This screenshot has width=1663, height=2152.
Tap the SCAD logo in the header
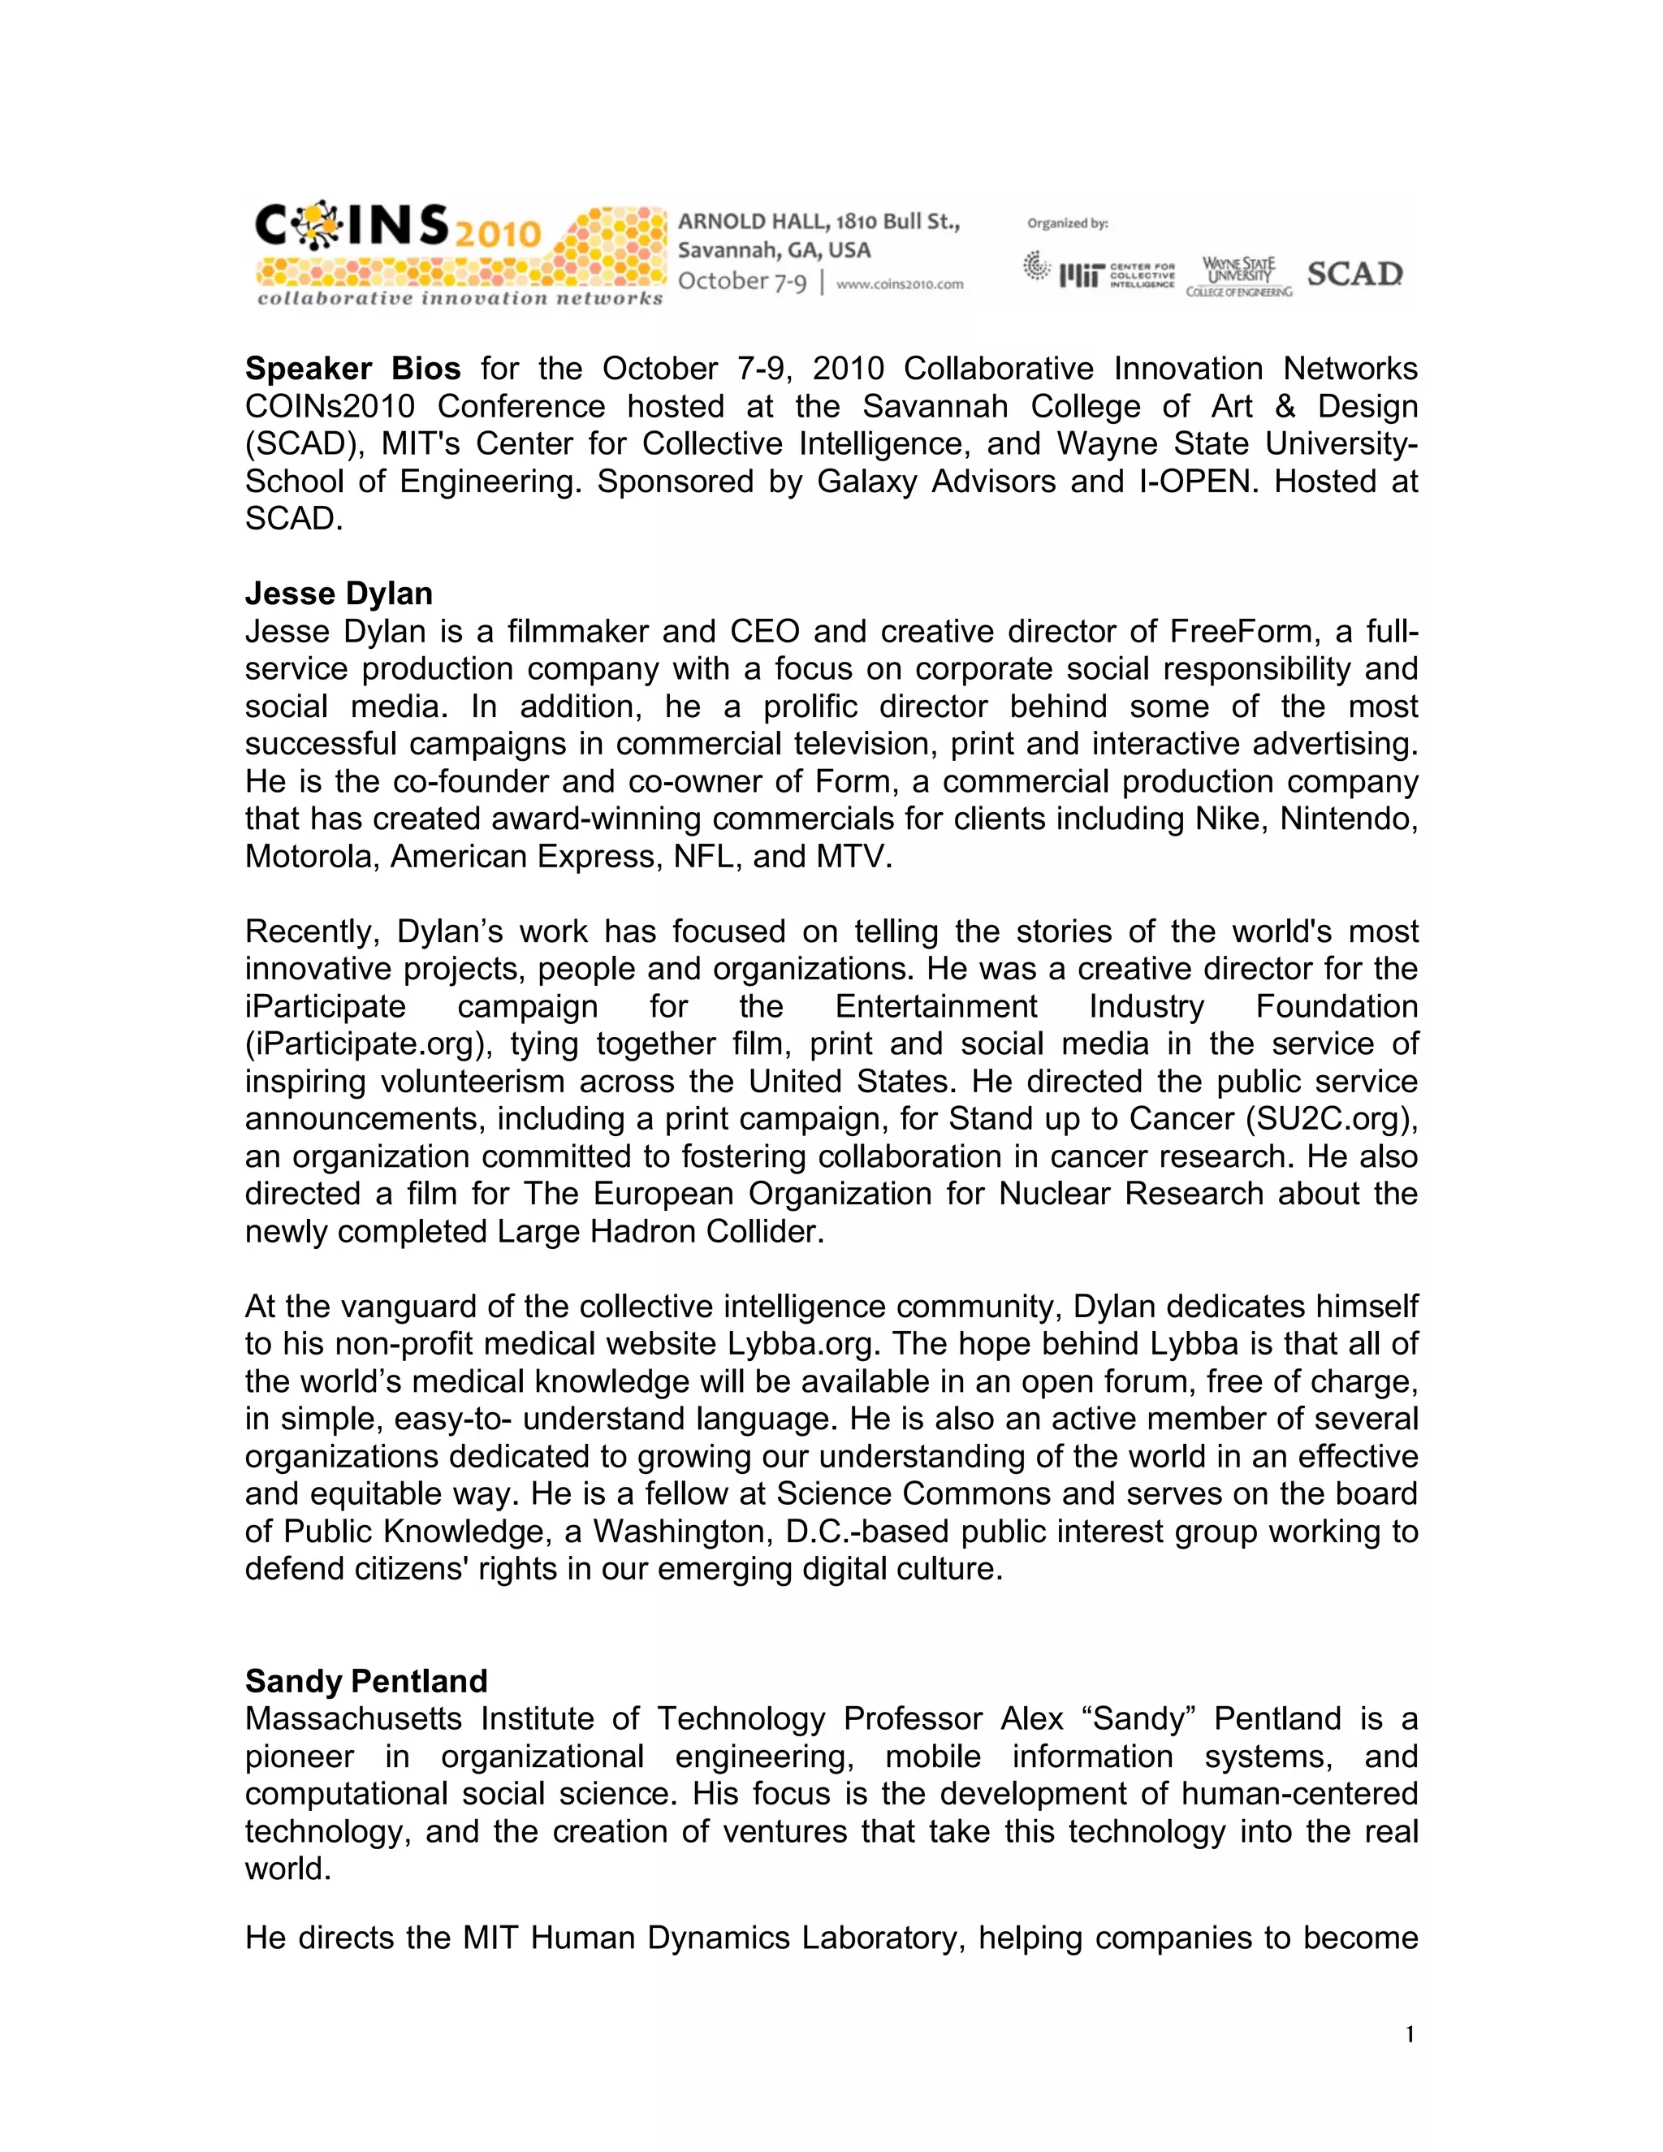click(1354, 274)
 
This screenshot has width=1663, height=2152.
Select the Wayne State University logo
click(1238, 276)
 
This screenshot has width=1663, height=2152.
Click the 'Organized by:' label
click(1067, 223)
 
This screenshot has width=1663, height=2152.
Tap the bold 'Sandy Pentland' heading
click(365, 1681)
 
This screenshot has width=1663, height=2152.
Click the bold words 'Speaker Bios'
click(352, 369)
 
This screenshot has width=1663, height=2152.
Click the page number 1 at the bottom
click(1410, 2033)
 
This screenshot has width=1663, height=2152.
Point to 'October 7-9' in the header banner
click(741, 282)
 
